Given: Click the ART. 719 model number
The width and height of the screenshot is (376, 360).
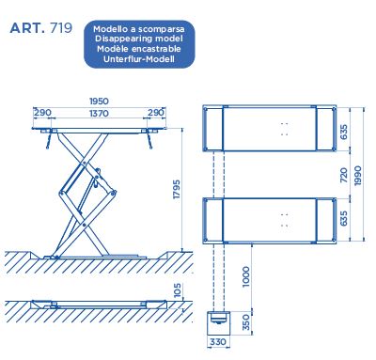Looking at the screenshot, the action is pos(41,28).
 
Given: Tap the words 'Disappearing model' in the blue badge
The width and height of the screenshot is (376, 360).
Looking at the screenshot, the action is pos(139,39).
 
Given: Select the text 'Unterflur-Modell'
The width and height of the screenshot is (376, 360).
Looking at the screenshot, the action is pos(139,59).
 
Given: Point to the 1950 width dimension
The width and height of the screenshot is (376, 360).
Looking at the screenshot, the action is pos(99,102).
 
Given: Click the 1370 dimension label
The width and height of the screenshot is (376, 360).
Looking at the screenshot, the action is pos(99,113).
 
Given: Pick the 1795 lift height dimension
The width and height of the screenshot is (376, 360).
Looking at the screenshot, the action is pos(177,189).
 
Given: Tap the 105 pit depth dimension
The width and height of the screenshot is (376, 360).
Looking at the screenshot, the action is pos(178,290).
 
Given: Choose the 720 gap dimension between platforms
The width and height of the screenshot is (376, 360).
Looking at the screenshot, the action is pos(344,175).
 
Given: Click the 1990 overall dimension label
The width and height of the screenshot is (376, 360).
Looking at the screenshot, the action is pos(358,176).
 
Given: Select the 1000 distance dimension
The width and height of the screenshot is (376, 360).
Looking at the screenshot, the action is pos(246,276).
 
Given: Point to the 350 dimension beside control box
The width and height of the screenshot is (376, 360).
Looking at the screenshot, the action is pos(247,322).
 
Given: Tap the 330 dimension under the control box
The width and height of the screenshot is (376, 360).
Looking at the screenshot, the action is pos(218,341).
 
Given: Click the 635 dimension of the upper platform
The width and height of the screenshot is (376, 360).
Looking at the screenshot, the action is pos(344,133).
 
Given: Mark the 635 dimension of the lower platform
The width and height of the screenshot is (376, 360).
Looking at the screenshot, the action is pos(344,218).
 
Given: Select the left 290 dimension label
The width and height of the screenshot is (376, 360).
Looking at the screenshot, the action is pos(42,113).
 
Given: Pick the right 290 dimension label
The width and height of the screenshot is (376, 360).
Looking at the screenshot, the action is pos(156,113).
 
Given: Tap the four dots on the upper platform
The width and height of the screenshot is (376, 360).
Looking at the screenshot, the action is pos(285,129).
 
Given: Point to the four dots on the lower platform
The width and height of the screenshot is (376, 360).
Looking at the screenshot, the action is pos(285,220).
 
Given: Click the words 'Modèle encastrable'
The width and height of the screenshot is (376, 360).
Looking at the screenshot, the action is pos(139,49).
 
